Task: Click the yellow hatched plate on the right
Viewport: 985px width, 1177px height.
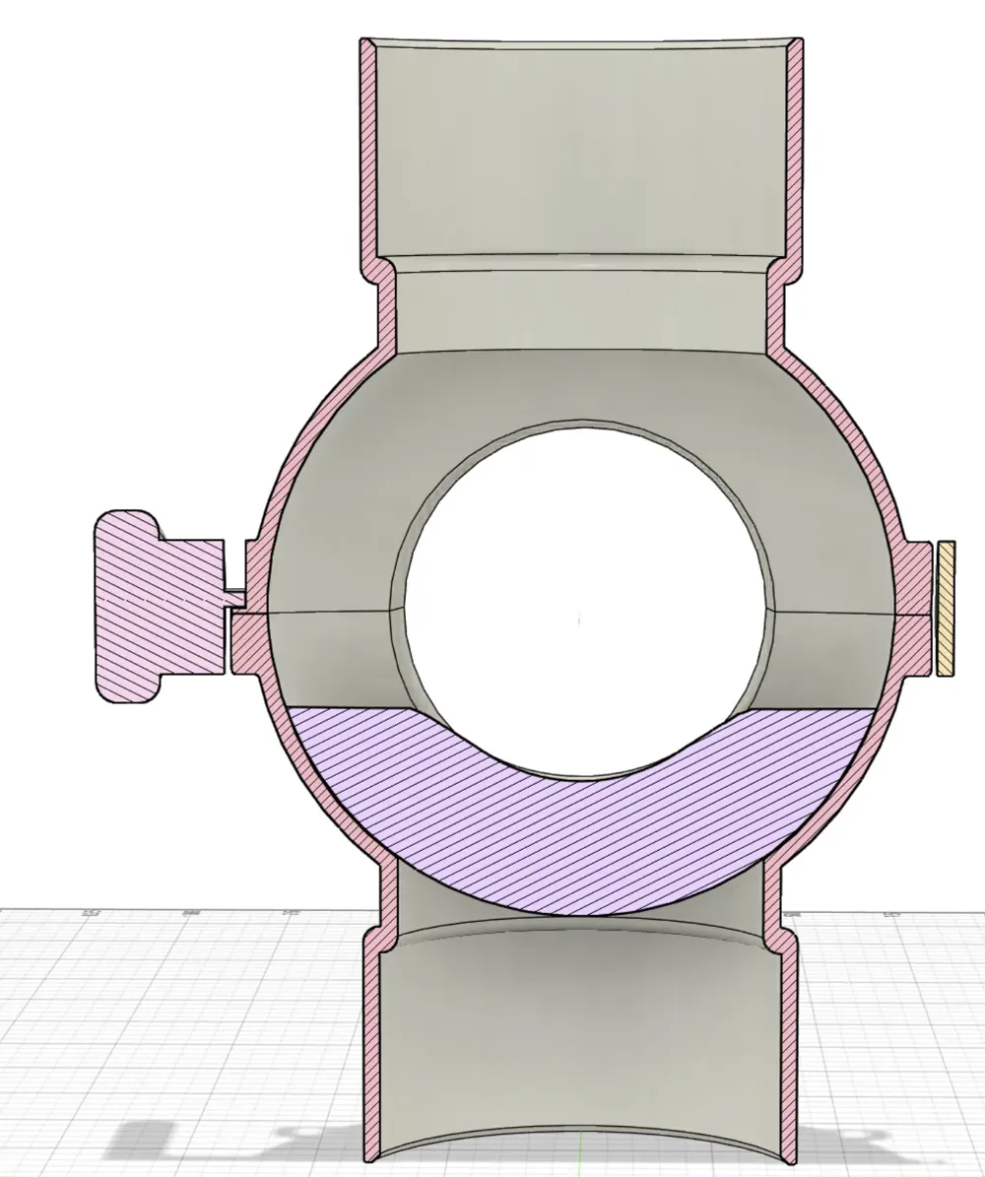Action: (946, 608)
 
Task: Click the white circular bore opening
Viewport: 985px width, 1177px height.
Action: (581, 591)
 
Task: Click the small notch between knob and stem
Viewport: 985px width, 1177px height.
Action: (234, 597)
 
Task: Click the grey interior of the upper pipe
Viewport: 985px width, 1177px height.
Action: (581, 148)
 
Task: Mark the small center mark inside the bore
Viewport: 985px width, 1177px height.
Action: (579, 619)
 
